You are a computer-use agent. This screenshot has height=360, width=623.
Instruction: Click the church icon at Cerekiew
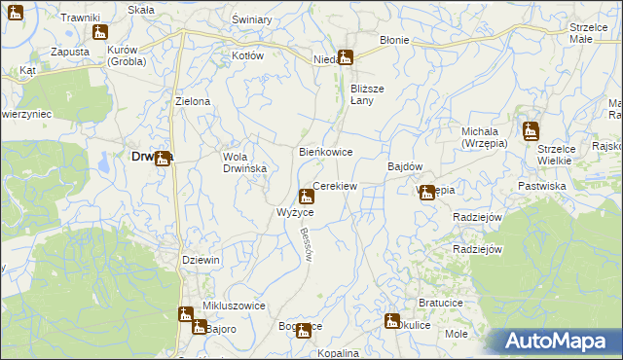coord(307,196)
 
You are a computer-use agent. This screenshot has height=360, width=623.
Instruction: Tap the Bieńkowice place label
coord(324,153)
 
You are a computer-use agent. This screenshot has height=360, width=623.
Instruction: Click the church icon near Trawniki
coord(97,32)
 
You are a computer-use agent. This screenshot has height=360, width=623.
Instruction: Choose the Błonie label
coord(394,41)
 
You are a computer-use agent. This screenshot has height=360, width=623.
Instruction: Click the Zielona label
coord(192,101)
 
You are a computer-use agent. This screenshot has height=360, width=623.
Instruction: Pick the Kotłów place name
coord(247,55)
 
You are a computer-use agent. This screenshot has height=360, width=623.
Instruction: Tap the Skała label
coord(141,8)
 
